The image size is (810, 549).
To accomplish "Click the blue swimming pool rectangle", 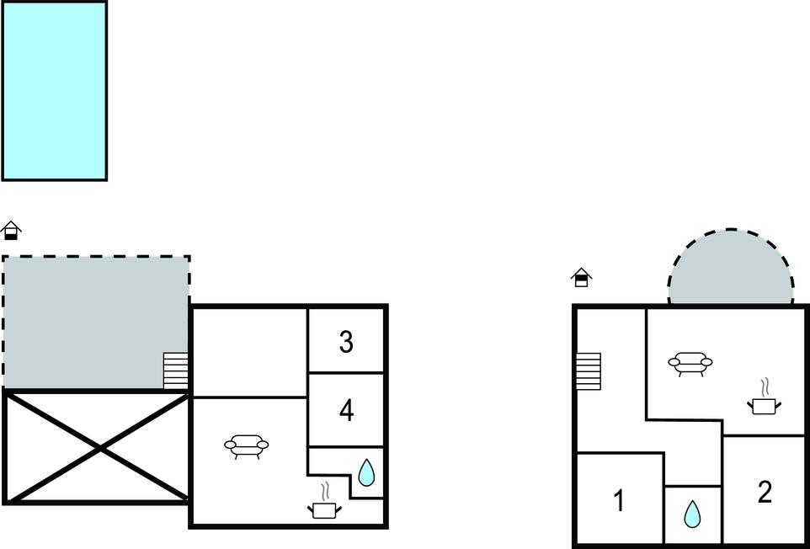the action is pos(54,91).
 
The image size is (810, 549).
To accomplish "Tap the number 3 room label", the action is pos(346,342).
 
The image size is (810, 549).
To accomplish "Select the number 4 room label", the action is pos(347,411).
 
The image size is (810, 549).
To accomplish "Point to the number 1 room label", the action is pos(619,500).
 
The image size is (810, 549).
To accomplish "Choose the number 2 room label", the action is pos(765,493).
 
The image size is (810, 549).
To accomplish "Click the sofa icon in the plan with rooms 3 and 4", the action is pos(247,447).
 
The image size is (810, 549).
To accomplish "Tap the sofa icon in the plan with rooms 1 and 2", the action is pos(690,364).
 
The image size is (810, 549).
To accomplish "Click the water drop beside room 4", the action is pos(366,472).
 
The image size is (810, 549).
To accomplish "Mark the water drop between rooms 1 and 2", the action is pos(692,514).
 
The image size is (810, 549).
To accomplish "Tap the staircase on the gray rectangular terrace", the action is pos(176,370).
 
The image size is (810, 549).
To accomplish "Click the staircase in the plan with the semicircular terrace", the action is pos(589,371).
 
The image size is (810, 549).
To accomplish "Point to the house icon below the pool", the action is pos(11,231).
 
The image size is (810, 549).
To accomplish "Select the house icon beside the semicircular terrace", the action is pos(581,277).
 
